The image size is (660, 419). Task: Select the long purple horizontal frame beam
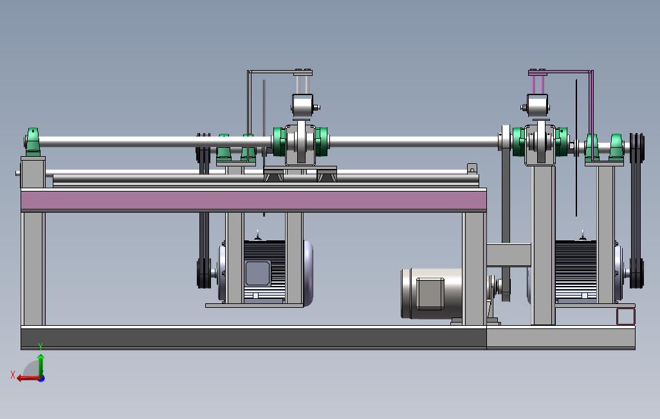(254, 201)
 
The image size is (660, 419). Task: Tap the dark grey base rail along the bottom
(254, 338)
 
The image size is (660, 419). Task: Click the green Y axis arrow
(41, 365)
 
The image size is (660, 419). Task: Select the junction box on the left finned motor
(257, 274)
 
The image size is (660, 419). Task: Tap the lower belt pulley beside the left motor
(204, 274)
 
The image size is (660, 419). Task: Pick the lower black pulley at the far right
(636, 274)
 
